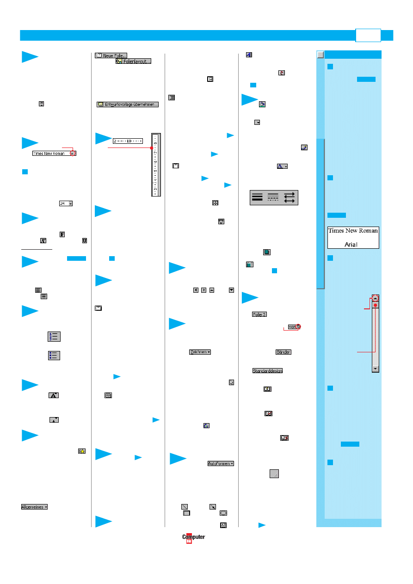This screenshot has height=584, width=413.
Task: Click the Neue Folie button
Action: [x=108, y=55]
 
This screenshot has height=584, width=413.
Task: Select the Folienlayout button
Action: [x=133, y=61]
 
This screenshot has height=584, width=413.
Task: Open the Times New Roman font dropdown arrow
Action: [x=73, y=153]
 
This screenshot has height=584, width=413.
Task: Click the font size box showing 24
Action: [x=66, y=203]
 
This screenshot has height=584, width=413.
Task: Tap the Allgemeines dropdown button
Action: [x=34, y=507]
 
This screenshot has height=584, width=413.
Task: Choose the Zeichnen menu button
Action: [x=200, y=352]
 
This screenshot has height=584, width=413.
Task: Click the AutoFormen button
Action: [x=220, y=463]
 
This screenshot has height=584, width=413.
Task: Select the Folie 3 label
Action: [x=259, y=314]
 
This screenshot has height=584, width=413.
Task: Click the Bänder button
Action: [x=284, y=352]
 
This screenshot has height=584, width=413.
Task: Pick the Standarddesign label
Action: [x=267, y=371]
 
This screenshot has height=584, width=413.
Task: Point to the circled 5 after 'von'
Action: [x=298, y=326]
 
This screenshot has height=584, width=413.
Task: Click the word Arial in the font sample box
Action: [x=351, y=244]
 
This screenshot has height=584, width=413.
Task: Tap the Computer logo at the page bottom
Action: [x=193, y=537]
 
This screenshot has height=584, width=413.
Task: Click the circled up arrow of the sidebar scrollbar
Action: [x=376, y=298]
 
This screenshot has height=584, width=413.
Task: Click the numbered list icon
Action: [x=54, y=337]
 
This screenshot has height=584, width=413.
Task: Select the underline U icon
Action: [x=84, y=240]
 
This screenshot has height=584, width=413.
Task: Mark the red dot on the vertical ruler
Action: [x=152, y=148]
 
